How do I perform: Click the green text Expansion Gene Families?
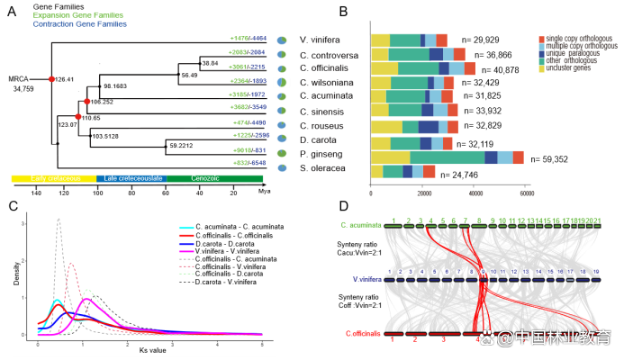[x=78, y=15]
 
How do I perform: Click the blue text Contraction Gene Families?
[x=79, y=24]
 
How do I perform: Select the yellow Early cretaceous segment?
[x=53, y=178]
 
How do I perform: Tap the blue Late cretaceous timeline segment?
[x=133, y=178]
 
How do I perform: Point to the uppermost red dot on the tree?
[x=51, y=79]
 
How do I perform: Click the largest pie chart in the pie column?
[x=282, y=82]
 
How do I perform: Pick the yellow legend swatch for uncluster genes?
[x=542, y=68]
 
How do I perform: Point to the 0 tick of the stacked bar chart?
[x=371, y=193]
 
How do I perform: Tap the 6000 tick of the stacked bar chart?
[x=528, y=193]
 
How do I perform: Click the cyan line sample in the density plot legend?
[x=186, y=228]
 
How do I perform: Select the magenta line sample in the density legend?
[x=186, y=251]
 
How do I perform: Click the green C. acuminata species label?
[x=361, y=224]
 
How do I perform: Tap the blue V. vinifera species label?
[x=367, y=280]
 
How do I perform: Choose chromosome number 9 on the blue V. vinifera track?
[x=484, y=272]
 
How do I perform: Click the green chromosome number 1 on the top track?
[x=393, y=220]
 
